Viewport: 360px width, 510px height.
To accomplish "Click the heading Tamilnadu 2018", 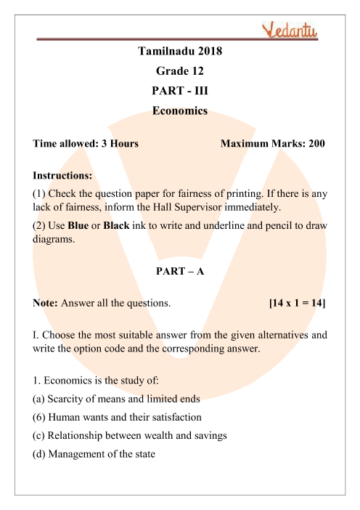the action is (180, 52).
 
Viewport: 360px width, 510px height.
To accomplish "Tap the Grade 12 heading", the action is (180, 71).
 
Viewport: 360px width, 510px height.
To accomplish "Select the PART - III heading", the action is (180, 92).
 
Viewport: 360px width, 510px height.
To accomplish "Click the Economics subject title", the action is (180, 111).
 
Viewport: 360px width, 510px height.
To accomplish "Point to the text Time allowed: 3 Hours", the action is (86, 143).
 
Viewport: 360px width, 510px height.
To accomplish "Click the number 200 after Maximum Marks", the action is (317, 143).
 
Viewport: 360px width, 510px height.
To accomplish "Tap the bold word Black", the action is (117, 226).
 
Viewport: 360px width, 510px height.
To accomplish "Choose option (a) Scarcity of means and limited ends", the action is (109, 399).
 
